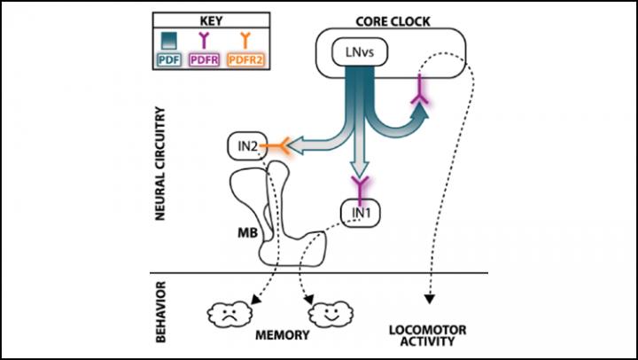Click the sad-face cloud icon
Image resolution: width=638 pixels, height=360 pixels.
click(230, 313)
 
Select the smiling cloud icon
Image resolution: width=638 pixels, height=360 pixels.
click(330, 314)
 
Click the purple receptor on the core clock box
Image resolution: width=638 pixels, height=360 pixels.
click(418, 108)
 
